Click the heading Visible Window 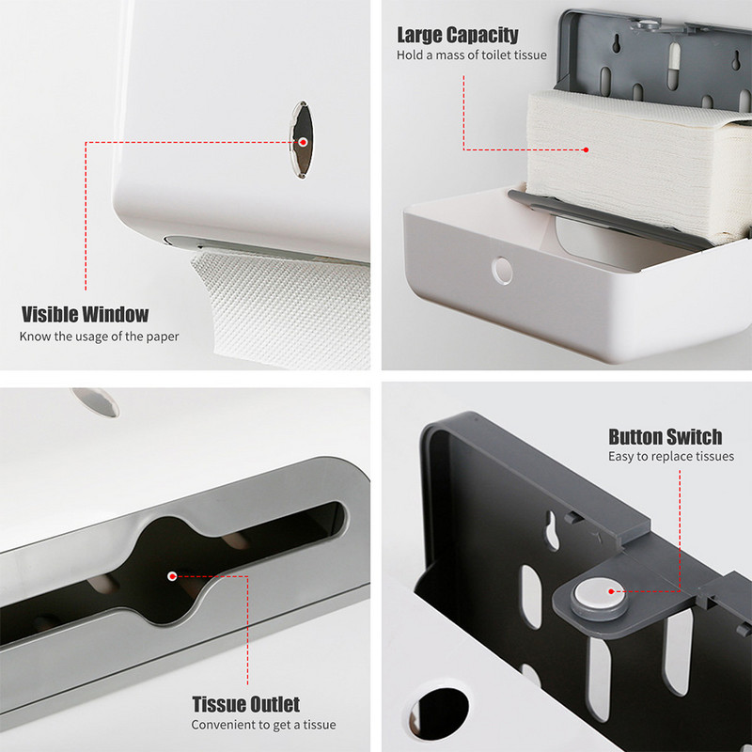click(x=85, y=315)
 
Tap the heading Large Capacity click(x=458, y=35)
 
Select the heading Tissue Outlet click(x=246, y=704)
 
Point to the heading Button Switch click(x=666, y=437)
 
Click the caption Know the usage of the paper click(x=100, y=337)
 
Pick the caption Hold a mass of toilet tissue click(x=472, y=55)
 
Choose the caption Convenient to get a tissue click(x=264, y=725)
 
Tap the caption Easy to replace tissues click(x=671, y=456)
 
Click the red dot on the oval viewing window click(x=303, y=142)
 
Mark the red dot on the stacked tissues click(x=586, y=149)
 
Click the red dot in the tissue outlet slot click(x=172, y=576)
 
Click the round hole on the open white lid click(x=502, y=271)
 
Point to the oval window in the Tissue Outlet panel click(x=96, y=401)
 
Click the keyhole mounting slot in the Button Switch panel click(x=552, y=530)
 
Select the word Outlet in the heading click(x=274, y=704)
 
